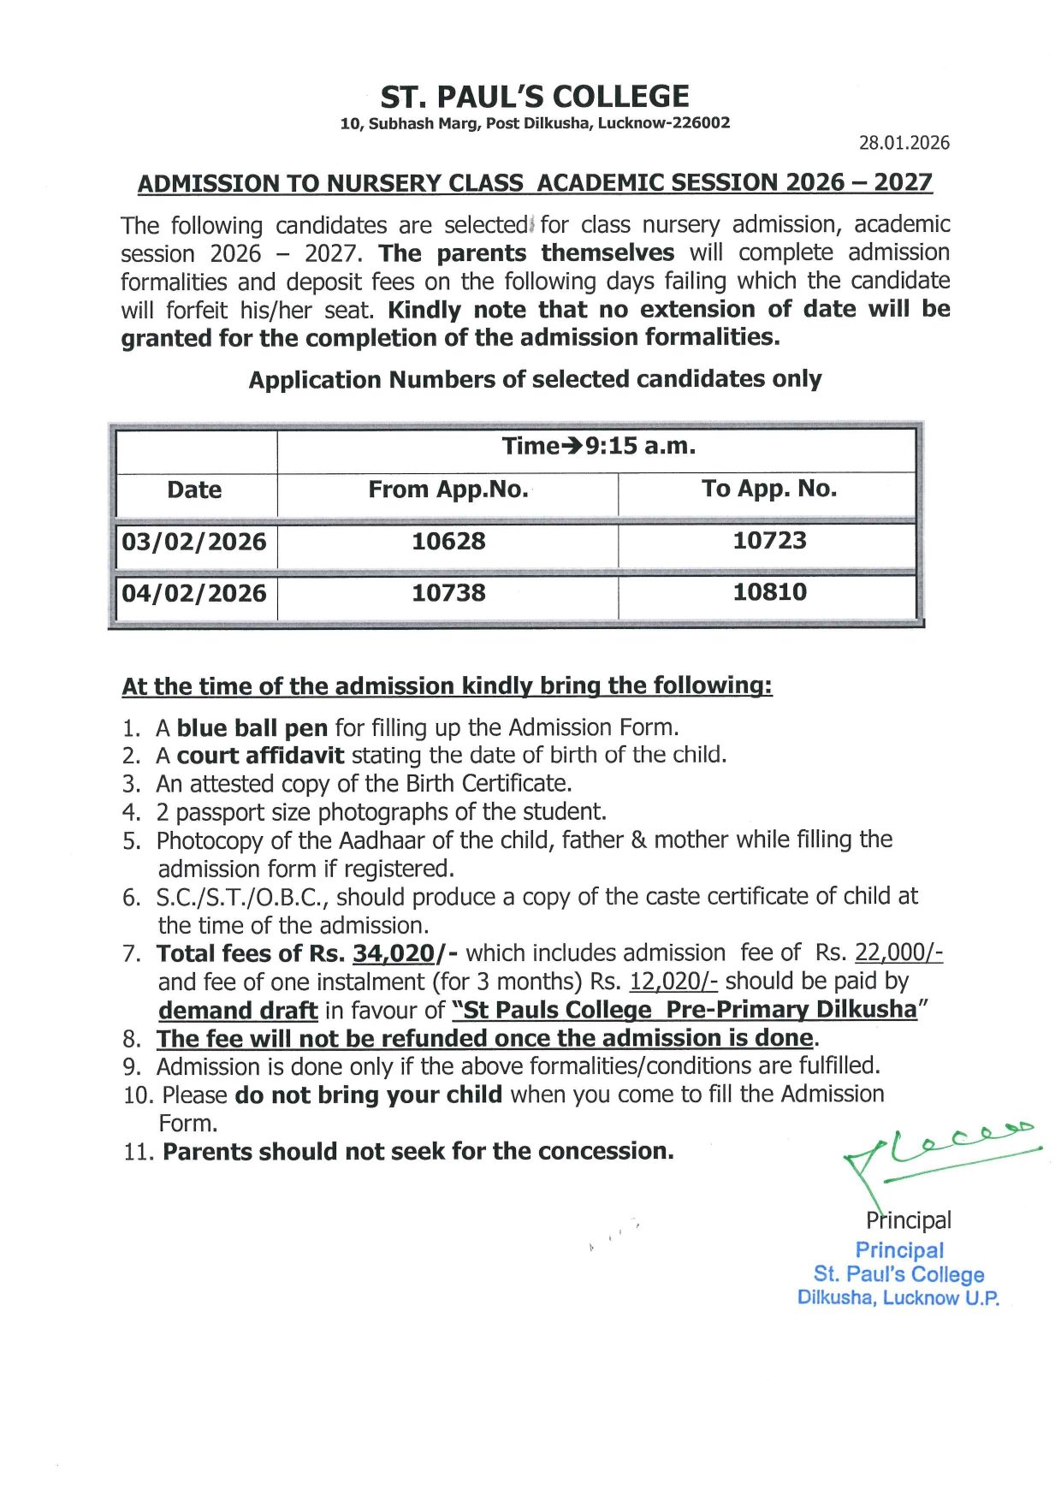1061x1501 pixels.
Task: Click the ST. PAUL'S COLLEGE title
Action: (535, 96)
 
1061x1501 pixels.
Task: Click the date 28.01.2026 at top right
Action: (904, 143)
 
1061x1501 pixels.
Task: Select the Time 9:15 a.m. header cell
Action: (598, 446)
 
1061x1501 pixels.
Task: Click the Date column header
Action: (194, 490)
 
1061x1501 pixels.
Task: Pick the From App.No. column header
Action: (448, 489)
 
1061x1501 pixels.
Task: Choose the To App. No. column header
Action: (769, 489)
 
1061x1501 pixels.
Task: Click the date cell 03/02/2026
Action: (194, 542)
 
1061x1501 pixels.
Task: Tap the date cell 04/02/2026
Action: (194, 593)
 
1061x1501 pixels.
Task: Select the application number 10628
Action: (448, 541)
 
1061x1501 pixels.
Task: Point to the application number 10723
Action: (769, 540)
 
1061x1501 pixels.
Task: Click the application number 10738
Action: (448, 592)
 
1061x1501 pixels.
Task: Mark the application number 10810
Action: (769, 591)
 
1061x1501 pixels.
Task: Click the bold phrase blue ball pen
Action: (252, 728)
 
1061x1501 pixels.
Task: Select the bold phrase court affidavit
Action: (260, 756)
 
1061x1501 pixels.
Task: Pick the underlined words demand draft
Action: (238, 1011)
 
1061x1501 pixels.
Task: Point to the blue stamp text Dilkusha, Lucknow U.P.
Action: (898, 1298)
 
